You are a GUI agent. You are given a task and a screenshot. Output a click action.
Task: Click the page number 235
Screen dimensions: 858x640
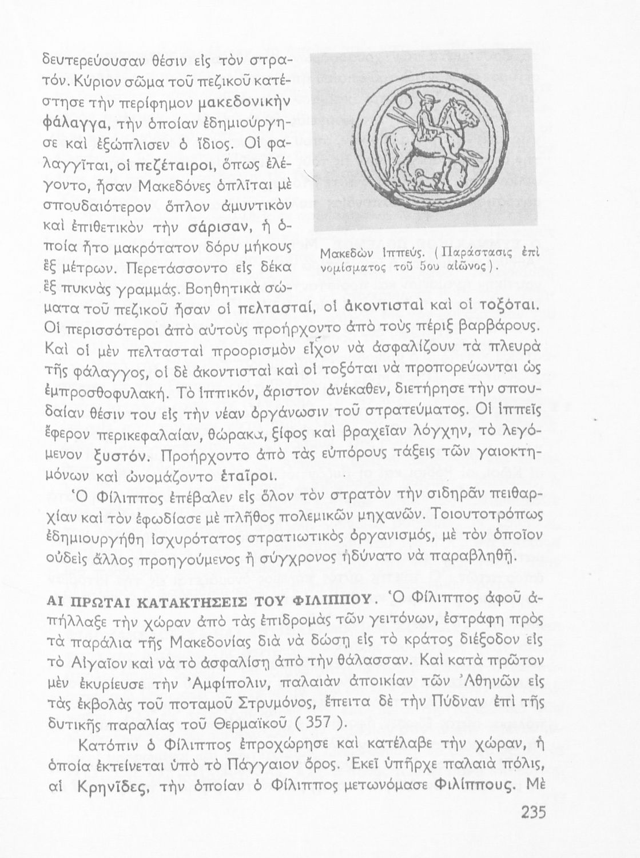535,812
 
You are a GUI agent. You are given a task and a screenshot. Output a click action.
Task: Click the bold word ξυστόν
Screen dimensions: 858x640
123,455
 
